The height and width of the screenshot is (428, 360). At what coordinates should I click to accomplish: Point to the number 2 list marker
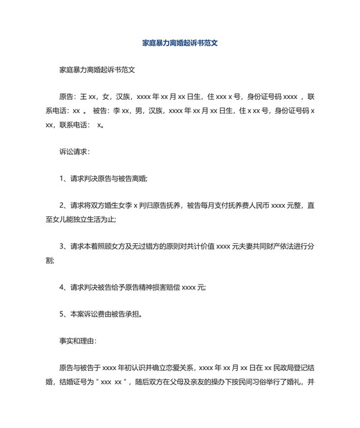(x=61, y=206)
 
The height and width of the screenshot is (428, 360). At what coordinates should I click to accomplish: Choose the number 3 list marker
(x=61, y=246)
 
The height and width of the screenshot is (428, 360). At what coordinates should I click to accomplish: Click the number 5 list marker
(x=61, y=315)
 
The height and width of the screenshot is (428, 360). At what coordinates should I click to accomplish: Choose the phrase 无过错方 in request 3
(x=134, y=246)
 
